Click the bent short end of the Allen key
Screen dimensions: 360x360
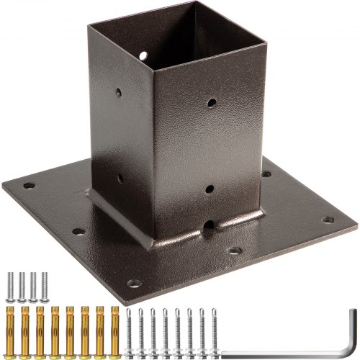(352, 323)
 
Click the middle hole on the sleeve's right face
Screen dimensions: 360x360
(209, 189)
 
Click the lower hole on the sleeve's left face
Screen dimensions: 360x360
(120, 174)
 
